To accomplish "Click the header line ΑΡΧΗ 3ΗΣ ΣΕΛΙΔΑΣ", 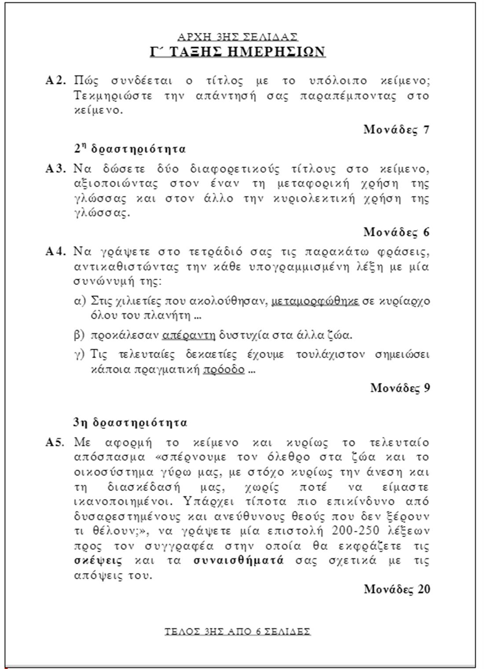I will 238,37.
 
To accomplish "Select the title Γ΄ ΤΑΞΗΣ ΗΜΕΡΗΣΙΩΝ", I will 238,52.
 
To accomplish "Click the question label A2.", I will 56,80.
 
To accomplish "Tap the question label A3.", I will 56,168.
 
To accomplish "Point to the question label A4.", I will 56,252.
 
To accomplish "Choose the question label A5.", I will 56,442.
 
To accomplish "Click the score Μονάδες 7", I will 396,129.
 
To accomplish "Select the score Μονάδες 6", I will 396,232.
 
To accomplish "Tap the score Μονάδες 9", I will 400,388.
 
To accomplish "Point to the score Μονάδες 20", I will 396,589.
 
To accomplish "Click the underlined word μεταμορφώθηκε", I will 315,301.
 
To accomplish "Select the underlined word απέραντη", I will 189,335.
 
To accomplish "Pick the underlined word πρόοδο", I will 224,369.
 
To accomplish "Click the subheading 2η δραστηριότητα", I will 130,149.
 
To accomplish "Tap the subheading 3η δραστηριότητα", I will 130,423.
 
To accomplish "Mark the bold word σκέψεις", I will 98,561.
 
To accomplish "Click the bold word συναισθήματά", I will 238,561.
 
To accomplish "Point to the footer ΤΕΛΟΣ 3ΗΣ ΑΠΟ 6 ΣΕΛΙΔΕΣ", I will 238,632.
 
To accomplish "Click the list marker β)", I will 79,335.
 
